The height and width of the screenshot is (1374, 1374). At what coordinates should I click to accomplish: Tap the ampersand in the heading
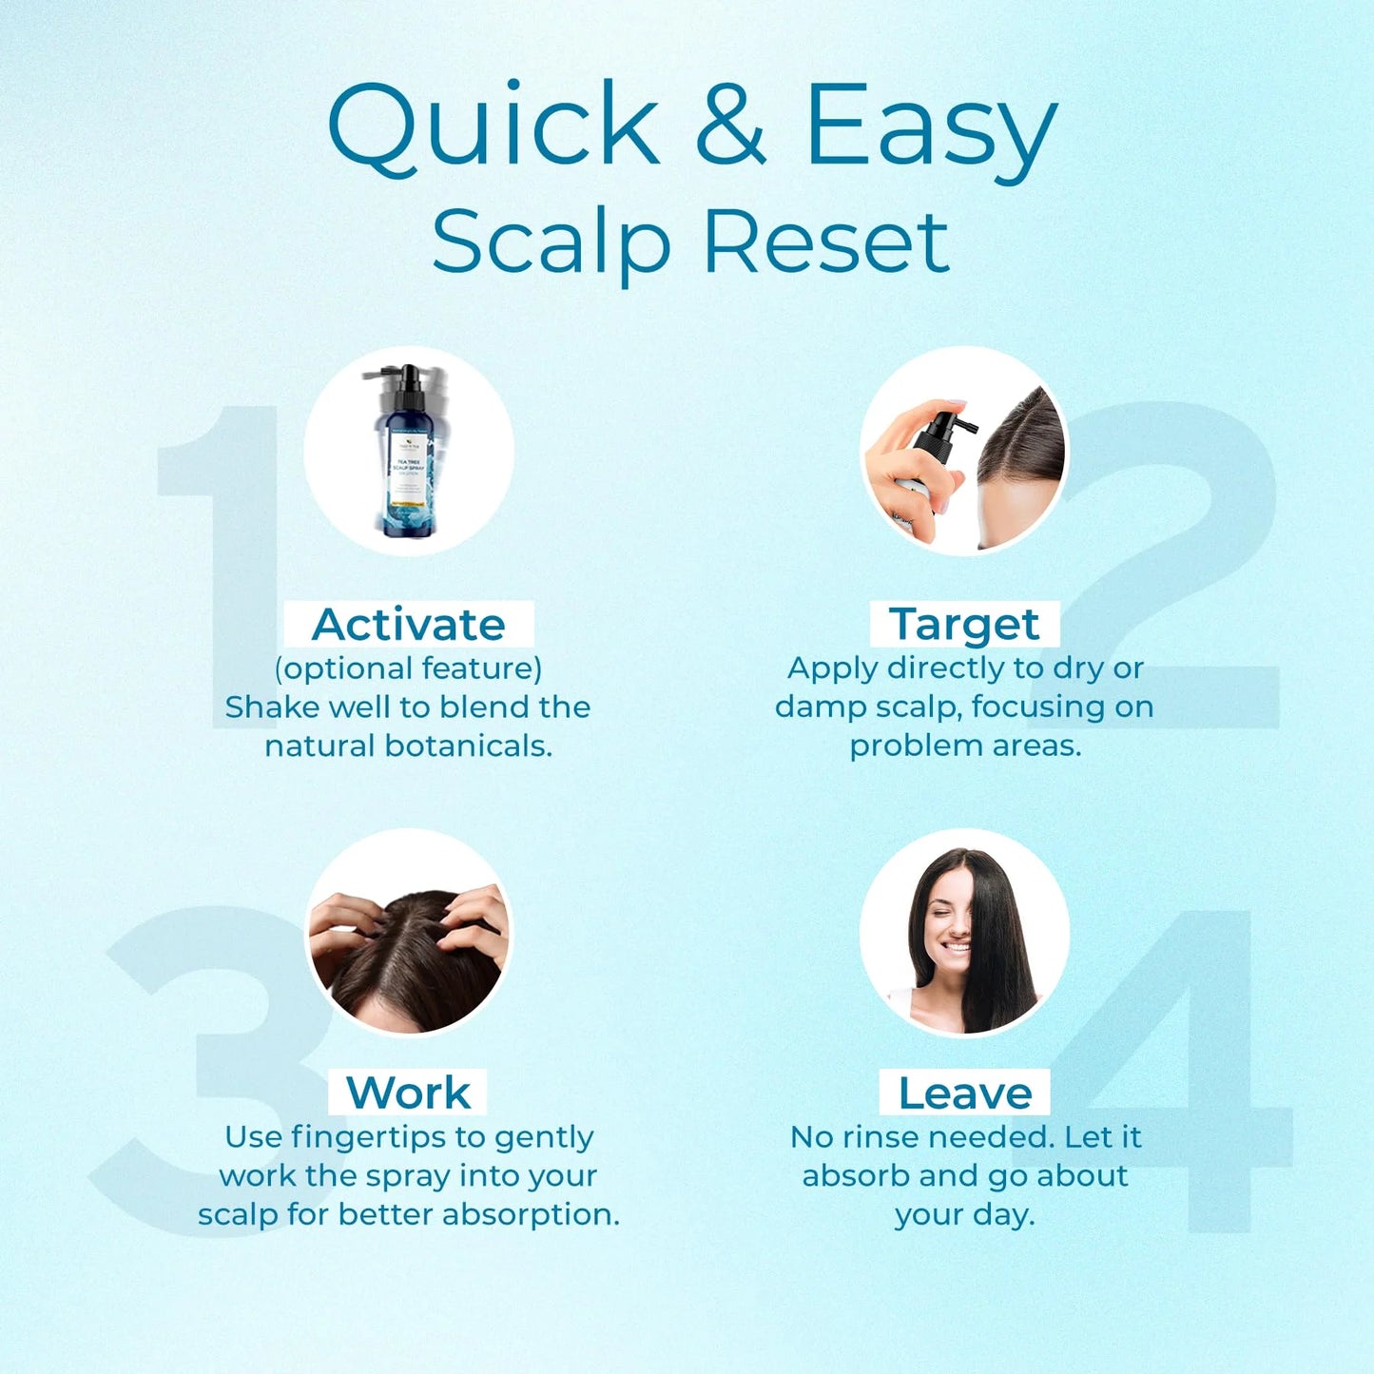click(730, 124)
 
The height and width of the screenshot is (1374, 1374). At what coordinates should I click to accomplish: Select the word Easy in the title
click(930, 128)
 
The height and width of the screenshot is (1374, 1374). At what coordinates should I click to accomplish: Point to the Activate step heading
click(409, 625)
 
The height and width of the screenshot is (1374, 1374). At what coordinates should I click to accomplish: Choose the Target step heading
click(964, 625)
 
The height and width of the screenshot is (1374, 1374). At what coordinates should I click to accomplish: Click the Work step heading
click(408, 1093)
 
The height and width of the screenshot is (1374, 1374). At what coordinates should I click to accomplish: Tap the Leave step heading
click(965, 1093)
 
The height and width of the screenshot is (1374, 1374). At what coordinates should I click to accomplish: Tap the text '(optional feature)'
click(408, 668)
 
